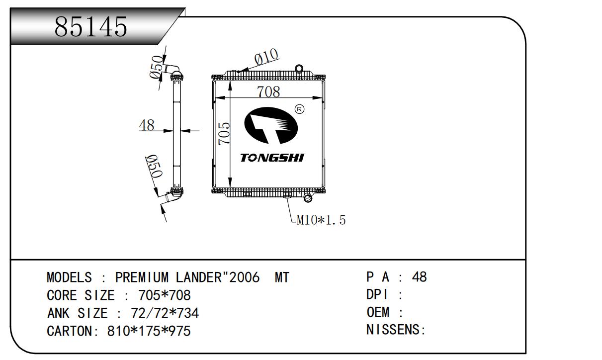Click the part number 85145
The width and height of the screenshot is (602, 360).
point(91,27)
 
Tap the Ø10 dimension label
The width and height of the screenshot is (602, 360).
point(266,57)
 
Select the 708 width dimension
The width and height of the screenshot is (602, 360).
point(268,91)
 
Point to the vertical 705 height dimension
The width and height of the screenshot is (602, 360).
point(224,133)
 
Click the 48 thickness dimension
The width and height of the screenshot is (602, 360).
point(147,125)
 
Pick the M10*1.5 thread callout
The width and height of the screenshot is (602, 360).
point(321,220)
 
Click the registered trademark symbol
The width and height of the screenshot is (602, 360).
point(299,109)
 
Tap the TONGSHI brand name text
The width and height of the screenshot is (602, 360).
point(272,158)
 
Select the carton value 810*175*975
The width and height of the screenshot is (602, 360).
point(149,331)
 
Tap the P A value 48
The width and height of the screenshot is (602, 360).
point(420,277)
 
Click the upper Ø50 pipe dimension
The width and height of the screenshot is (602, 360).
point(157,67)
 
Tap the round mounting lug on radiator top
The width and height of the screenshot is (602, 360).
point(299,68)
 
